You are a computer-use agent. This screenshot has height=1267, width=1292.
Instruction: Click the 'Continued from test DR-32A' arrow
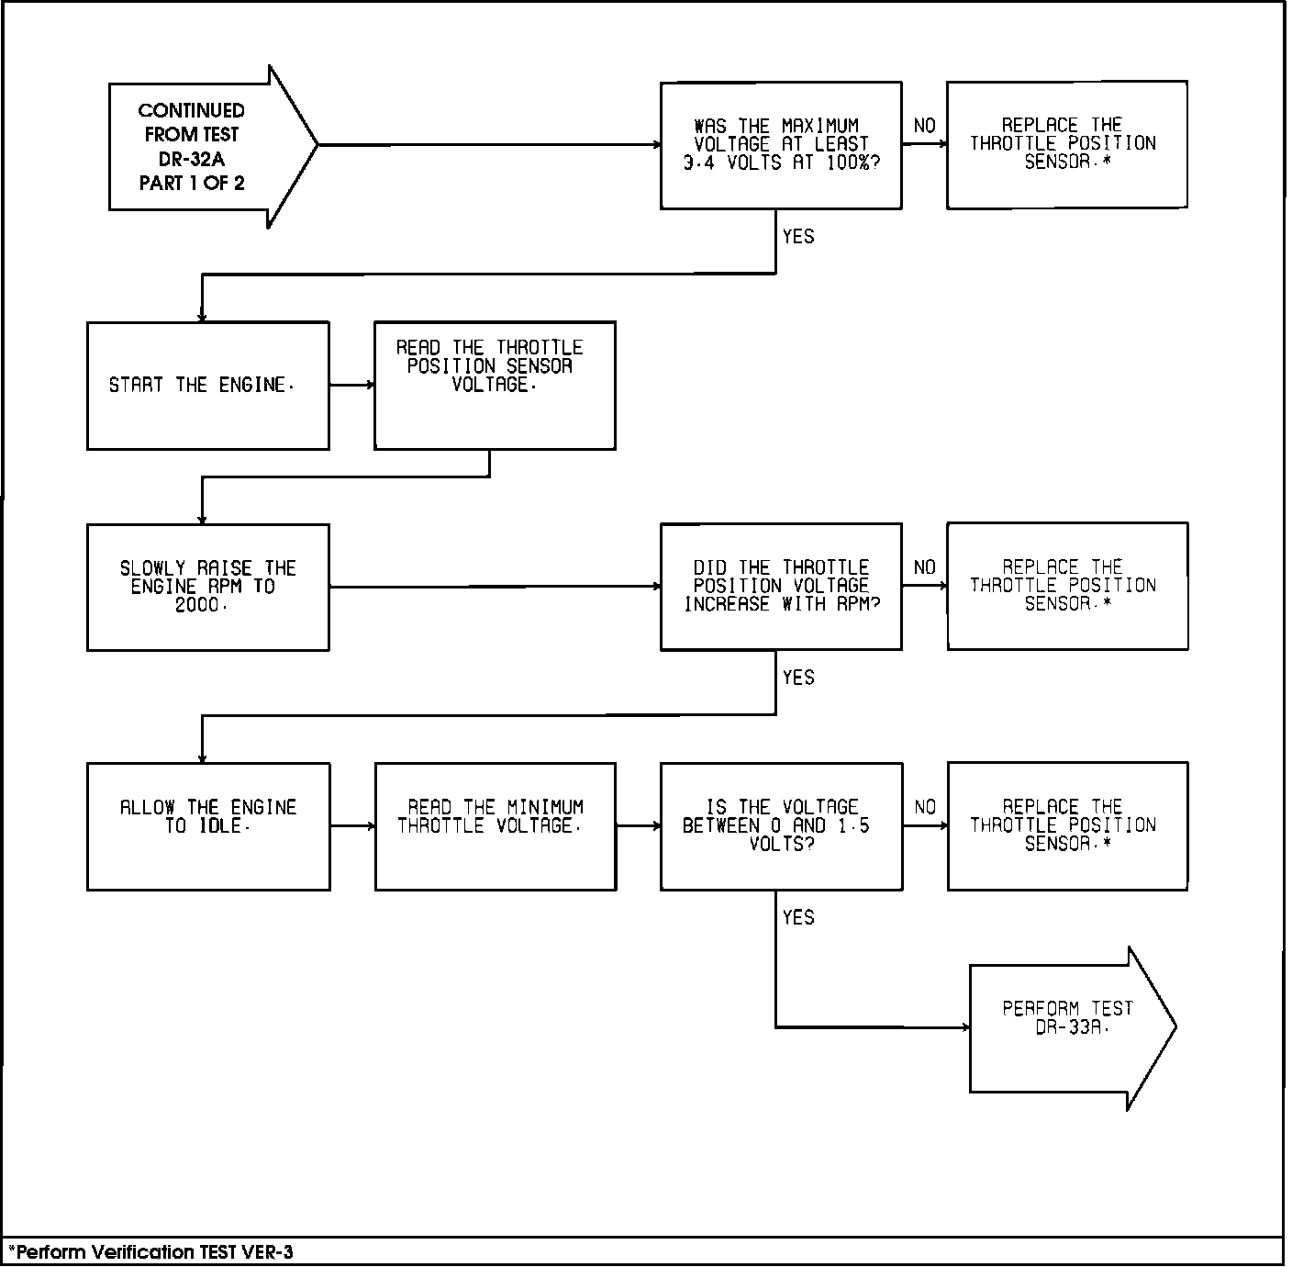pyautogui.click(x=202, y=146)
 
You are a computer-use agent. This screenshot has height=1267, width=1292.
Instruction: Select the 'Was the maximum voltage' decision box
pyautogui.click(x=780, y=145)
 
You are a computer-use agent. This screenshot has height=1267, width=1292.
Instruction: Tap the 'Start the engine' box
pyautogui.click(x=207, y=386)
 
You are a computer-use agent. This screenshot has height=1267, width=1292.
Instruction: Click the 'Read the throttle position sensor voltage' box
pyautogui.click(x=494, y=386)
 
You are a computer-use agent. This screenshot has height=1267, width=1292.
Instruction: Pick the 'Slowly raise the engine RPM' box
pyautogui.click(x=207, y=588)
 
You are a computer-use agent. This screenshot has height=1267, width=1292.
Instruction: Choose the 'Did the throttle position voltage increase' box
pyautogui.click(x=780, y=587)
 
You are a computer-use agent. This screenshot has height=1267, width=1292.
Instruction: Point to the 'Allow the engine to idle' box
pyautogui.click(x=207, y=825)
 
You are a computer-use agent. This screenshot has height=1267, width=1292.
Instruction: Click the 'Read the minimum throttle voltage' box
pyautogui.click(x=495, y=825)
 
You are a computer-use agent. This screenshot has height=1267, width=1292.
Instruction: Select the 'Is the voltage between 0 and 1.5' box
pyautogui.click(x=780, y=825)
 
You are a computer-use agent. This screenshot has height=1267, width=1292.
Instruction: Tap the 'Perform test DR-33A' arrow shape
pyautogui.click(x=1069, y=1027)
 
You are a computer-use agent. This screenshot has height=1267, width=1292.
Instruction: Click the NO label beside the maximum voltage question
pyautogui.click(x=924, y=126)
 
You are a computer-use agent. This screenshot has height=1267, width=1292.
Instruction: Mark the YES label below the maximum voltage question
pyautogui.click(x=798, y=237)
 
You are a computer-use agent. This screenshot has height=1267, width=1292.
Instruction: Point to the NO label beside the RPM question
pyautogui.click(x=924, y=567)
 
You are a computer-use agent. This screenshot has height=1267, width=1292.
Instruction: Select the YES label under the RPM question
pyautogui.click(x=798, y=678)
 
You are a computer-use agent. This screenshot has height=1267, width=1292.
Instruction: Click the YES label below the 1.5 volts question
pyautogui.click(x=798, y=917)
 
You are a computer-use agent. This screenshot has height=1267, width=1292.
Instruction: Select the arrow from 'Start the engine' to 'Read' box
pyautogui.click(x=351, y=385)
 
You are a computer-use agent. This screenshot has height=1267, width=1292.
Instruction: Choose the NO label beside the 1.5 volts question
pyautogui.click(x=924, y=807)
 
